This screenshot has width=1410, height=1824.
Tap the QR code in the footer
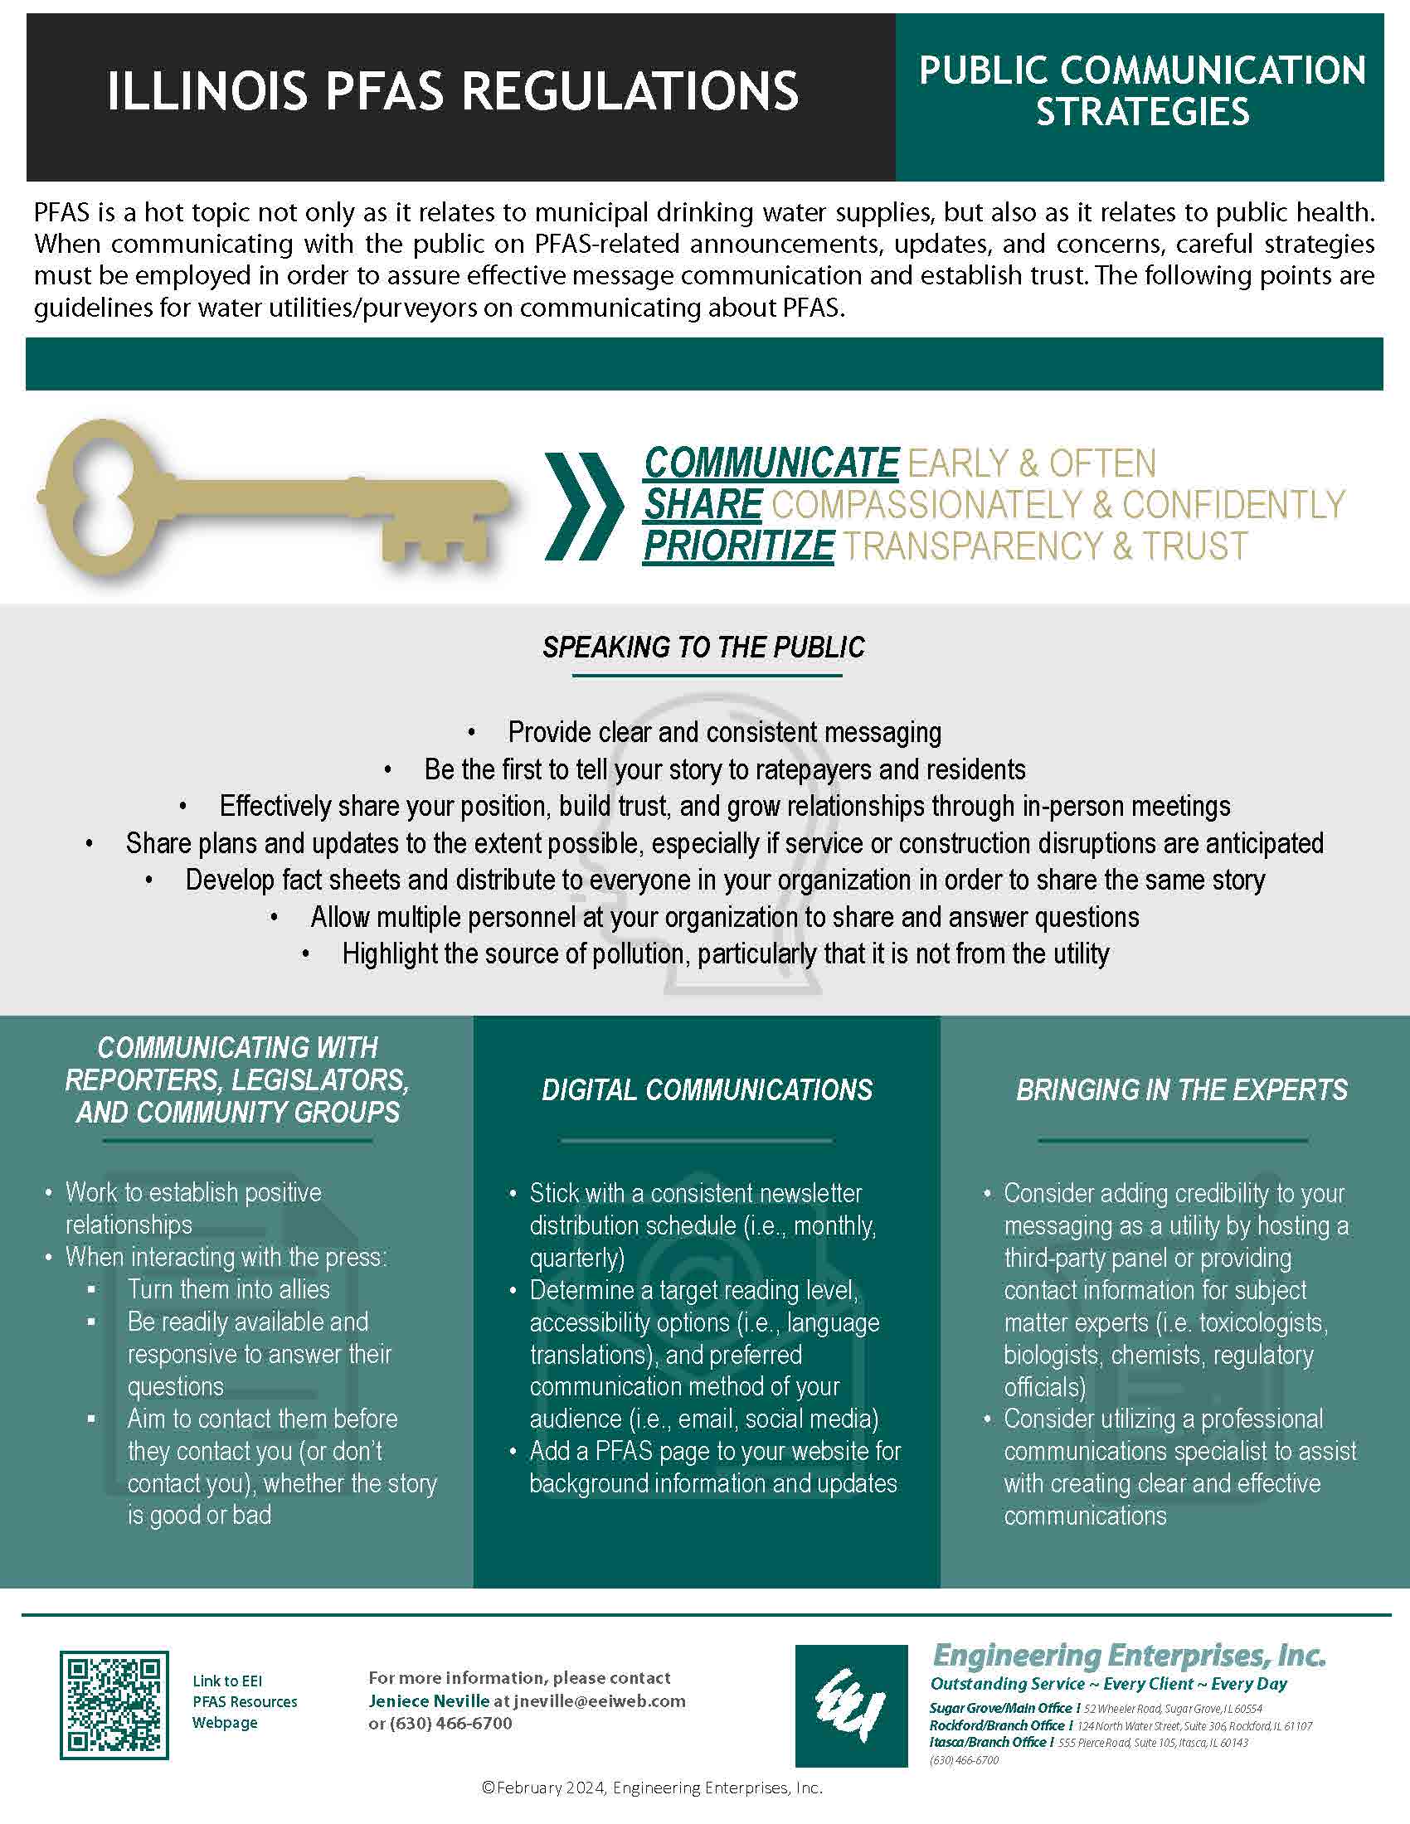[114, 1705]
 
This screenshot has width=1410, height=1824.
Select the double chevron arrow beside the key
[583, 506]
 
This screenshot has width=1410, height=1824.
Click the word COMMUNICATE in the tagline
[771, 463]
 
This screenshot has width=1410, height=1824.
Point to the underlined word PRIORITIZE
[738, 546]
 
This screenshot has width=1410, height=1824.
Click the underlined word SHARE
[703, 505]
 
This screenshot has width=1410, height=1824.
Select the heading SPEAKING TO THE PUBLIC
[703, 648]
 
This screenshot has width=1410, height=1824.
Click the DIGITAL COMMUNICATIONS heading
[707, 1090]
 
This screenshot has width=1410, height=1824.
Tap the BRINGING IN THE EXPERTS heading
[1181, 1090]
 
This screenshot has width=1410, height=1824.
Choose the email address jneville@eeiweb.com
[600, 1701]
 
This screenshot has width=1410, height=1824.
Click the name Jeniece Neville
[429, 1701]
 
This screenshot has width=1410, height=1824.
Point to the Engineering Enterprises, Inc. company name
[1129, 1655]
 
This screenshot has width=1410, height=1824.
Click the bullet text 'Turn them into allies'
[228, 1288]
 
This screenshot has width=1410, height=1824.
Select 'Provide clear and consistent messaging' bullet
[724, 732]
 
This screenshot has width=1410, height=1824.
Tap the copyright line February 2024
[652, 1788]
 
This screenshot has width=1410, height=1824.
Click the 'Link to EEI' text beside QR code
[227, 1681]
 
